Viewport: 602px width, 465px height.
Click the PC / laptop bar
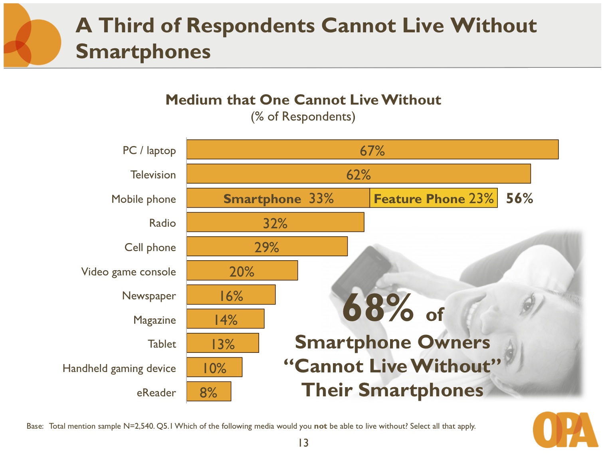372,150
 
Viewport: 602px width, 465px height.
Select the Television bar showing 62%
358,174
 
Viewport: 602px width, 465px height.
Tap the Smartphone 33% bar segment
278,198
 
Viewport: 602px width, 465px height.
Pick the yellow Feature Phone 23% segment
434,198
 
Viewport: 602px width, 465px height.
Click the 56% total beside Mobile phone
519,198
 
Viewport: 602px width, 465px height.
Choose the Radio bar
275,222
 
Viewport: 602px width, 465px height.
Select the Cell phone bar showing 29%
267,247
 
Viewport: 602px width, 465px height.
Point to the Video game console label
129,272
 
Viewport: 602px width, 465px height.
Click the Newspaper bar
231,295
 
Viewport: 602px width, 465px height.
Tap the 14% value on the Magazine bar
226,320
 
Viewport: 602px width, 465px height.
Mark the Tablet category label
162,344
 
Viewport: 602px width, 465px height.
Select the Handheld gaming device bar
214,368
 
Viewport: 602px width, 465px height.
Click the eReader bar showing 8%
209,392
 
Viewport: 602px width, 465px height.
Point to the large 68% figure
378,308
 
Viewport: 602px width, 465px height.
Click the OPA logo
565,429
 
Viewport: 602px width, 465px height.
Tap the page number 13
303,443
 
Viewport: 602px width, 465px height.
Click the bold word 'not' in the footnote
320,426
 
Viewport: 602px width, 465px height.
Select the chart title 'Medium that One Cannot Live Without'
303,100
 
